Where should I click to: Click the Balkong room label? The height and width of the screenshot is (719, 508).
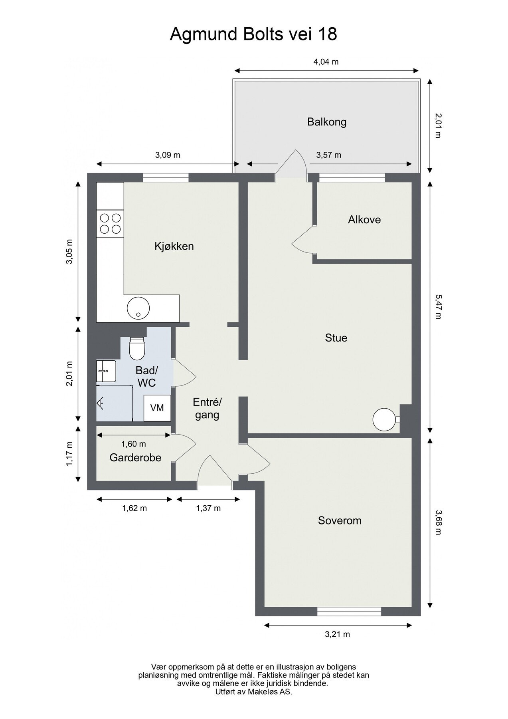pos(326,122)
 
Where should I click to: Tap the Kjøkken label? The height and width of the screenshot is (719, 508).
pos(174,246)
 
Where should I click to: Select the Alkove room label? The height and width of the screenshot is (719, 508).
pos(364,220)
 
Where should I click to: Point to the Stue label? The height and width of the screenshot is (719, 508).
pos(336,338)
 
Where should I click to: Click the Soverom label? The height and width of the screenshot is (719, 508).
pos(340,520)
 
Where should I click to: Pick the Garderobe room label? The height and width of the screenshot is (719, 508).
pos(135,458)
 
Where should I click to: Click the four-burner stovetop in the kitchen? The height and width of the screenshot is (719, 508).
pos(110,224)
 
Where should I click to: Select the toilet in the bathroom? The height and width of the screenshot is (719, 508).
pos(136,348)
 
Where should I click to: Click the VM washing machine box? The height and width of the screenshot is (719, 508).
pos(157,408)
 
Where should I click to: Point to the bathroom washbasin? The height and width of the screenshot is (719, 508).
pos(106,371)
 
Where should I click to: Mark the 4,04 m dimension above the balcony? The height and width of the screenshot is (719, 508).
pos(326,62)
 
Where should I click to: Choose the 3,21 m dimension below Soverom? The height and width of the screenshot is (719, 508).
pos(338,634)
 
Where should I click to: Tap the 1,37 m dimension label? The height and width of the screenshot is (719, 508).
pos(208,508)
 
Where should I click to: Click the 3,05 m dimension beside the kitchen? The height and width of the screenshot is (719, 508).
pos(70,252)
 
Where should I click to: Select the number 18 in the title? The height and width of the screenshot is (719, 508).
pos(327,34)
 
